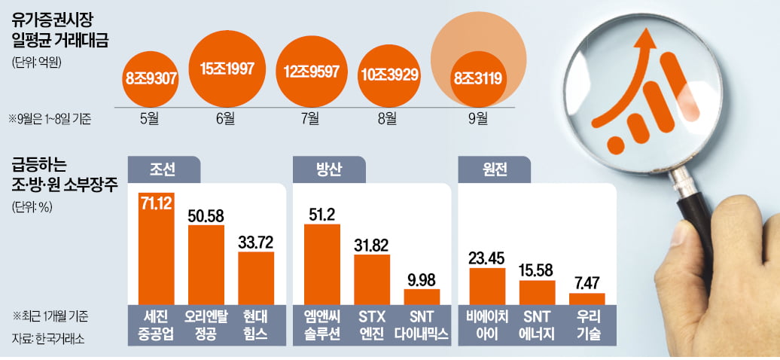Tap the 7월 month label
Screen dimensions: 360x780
click(311, 117)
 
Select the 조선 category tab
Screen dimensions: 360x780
click(163, 169)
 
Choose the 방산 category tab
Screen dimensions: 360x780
click(329, 169)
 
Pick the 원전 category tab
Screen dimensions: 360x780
click(493, 169)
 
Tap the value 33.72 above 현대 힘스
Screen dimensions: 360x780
click(256, 243)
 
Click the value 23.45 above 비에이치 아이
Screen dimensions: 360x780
click(487, 257)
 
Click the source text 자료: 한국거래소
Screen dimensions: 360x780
click(48, 339)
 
